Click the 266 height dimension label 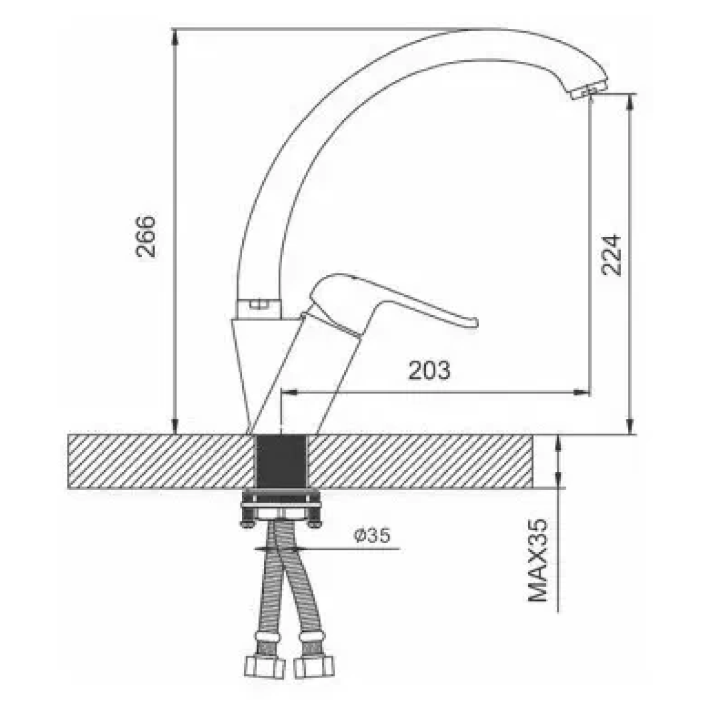[x=146, y=237]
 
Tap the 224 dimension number [x=611, y=255]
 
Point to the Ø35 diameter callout [x=372, y=536]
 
